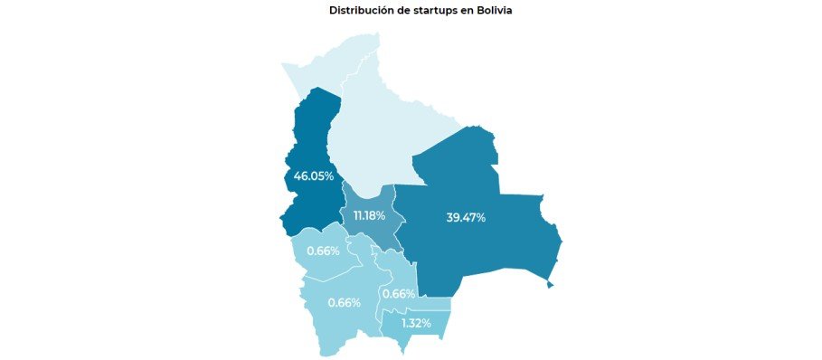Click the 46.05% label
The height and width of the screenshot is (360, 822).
(x=313, y=175)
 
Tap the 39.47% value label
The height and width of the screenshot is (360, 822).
(x=466, y=218)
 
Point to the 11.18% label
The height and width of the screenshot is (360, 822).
(x=369, y=215)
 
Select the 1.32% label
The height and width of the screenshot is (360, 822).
(x=415, y=323)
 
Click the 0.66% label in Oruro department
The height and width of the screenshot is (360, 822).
(x=323, y=251)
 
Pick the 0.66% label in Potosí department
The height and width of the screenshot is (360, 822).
(x=344, y=302)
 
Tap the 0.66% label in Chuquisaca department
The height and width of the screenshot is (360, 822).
(x=398, y=294)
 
